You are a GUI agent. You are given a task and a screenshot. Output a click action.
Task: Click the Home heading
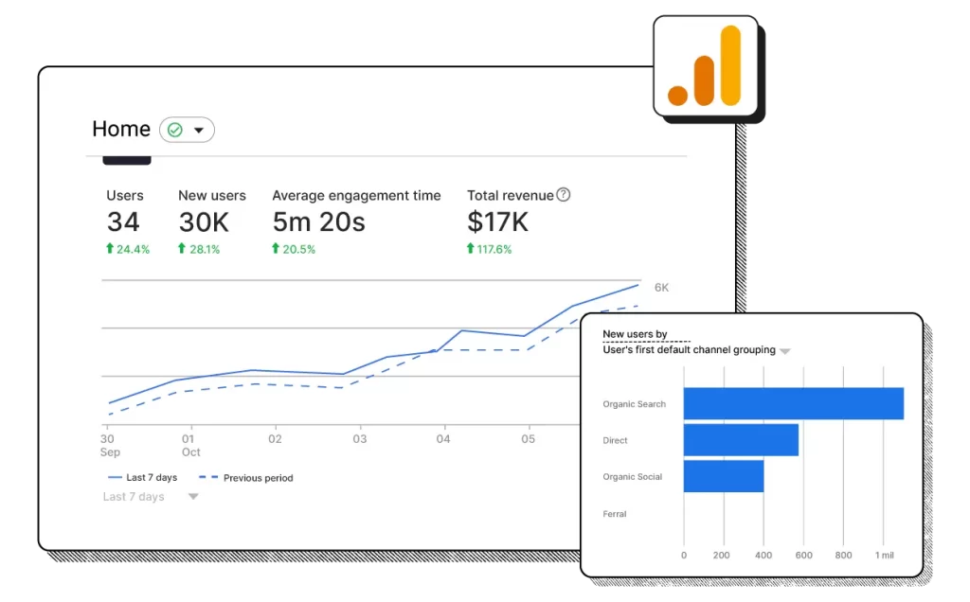tap(121, 130)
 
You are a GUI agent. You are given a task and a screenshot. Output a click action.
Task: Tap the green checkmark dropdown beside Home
tap(187, 130)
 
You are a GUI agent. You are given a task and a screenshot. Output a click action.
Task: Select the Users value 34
tap(123, 222)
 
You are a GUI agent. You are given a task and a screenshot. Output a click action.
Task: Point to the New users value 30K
tap(204, 222)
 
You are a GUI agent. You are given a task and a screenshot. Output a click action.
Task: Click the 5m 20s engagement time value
tap(319, 222)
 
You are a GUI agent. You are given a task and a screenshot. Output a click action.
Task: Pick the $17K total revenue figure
tap(497, 222)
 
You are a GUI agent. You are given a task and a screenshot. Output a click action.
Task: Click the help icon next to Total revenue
tap(564, 195)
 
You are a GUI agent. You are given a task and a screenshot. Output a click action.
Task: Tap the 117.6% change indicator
tap(489, 249)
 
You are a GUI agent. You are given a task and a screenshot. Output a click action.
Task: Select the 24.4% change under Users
tap(128, 249)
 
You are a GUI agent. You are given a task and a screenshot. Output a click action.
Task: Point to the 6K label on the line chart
tap(661, 288)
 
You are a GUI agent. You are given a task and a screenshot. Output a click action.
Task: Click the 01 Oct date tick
tap(190, 445)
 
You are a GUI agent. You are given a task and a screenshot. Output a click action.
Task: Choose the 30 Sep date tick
tap(108, 445)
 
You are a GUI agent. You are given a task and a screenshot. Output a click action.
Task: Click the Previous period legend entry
tap(249, 478)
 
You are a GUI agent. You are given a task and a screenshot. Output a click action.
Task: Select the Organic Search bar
tap(793, 403)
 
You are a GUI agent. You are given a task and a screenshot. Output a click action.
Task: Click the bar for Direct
tap(741, 440)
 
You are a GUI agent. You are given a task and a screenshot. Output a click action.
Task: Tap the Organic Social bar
tap(723, 476)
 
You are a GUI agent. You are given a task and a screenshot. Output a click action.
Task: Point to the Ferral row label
tap(615, 514)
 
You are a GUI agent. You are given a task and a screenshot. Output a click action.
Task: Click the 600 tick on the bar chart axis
tap(804, 556)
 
